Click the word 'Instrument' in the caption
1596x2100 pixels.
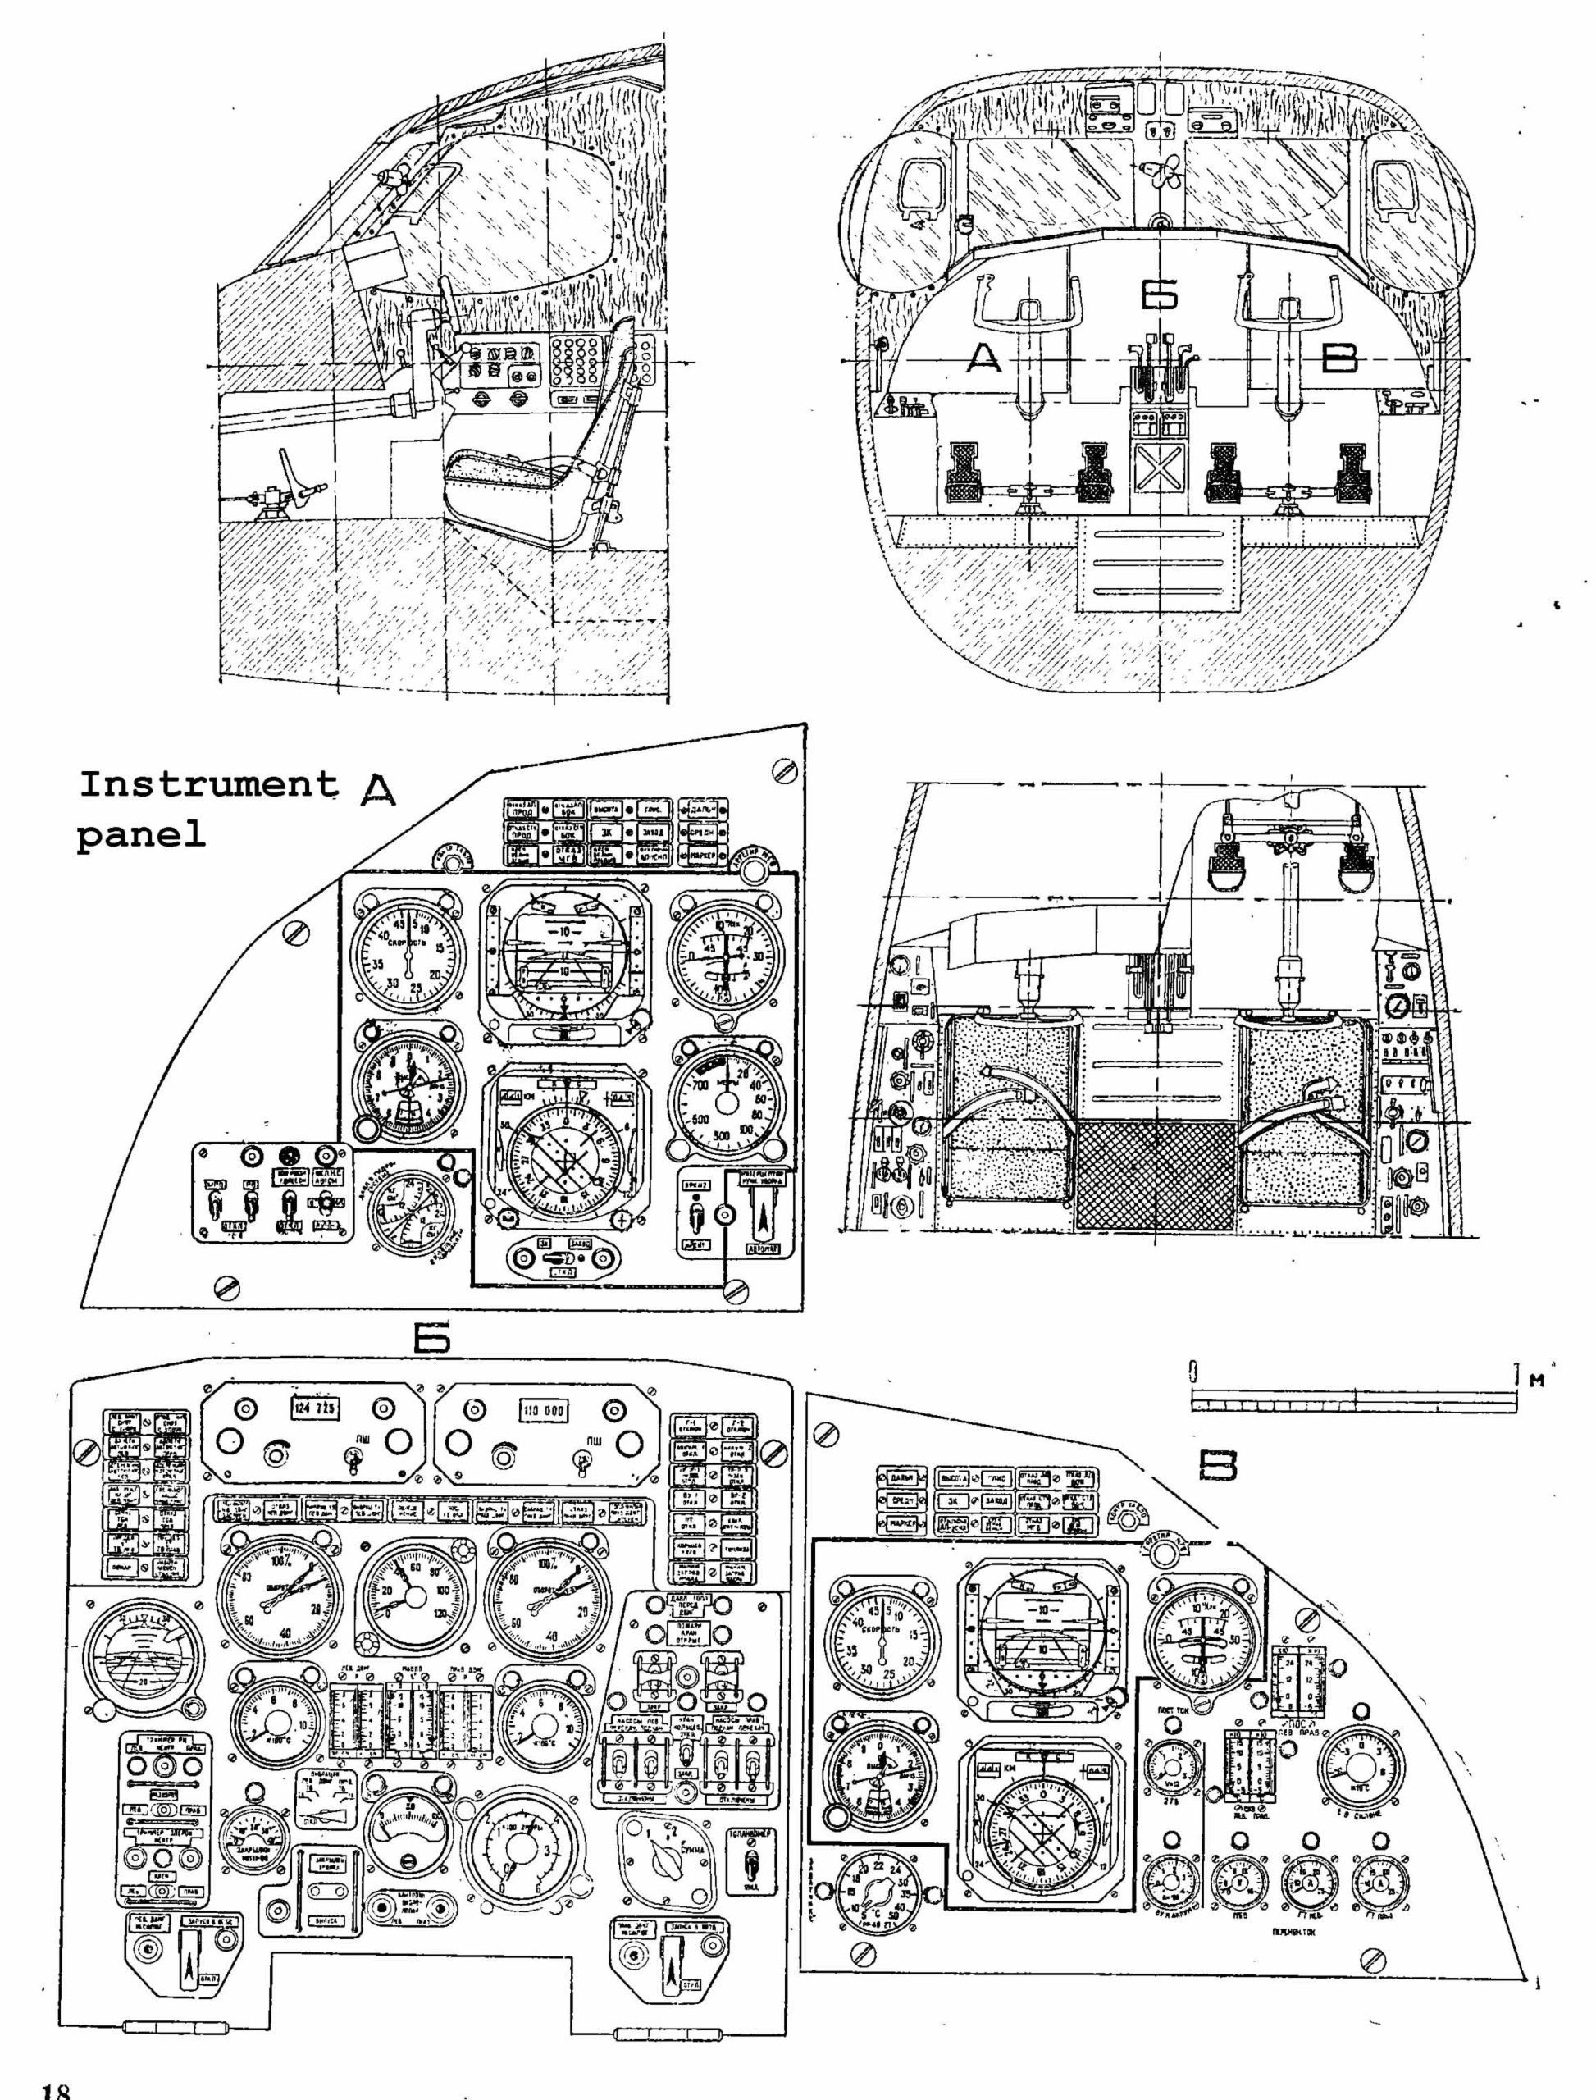click(208, 785)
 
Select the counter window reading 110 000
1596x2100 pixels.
click(545, 1411)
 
